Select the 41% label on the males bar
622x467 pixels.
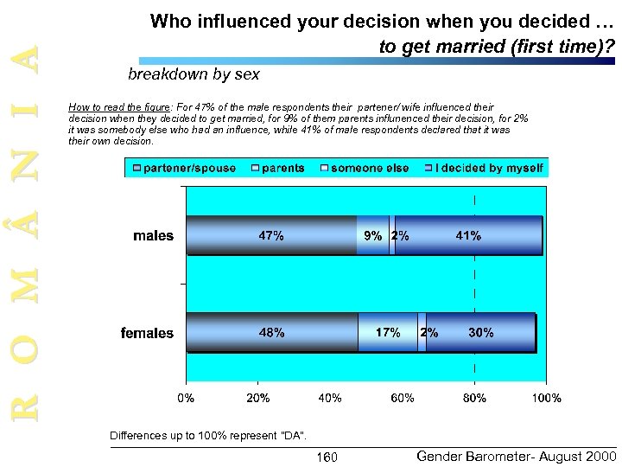coord(469,235)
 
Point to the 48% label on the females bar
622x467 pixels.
coord(271,332)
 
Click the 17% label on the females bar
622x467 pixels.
coord(387,332)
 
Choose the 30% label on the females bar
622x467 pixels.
coord(480,332)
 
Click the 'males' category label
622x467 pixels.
coord(153,235)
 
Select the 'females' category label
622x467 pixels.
coord(147,332)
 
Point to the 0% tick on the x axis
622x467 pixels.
coord(186,398)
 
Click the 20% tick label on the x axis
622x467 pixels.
coord(258,398)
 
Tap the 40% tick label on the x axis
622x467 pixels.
coord(330,398)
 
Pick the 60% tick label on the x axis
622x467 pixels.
coord(403,398)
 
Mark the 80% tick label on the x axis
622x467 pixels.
coord(474,398)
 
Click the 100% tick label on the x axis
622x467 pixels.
coord(546,398)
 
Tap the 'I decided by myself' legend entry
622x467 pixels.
coord(486,168)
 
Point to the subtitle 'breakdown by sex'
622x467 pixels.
coord(193,74)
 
